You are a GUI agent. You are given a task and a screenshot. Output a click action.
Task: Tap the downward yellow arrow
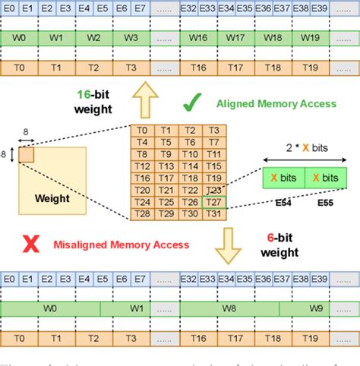(x=225, y=244)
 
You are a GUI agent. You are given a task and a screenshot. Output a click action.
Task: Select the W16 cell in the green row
(x=199, y=36)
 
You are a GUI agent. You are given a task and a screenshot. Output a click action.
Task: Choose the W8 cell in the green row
(x=226, y=308)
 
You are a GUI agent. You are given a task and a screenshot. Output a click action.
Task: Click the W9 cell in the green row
(x=318, y=308)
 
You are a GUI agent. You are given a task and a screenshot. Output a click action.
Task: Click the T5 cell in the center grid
(x=166, y=142)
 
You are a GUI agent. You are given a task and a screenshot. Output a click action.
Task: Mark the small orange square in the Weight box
(x=27, y=154)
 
